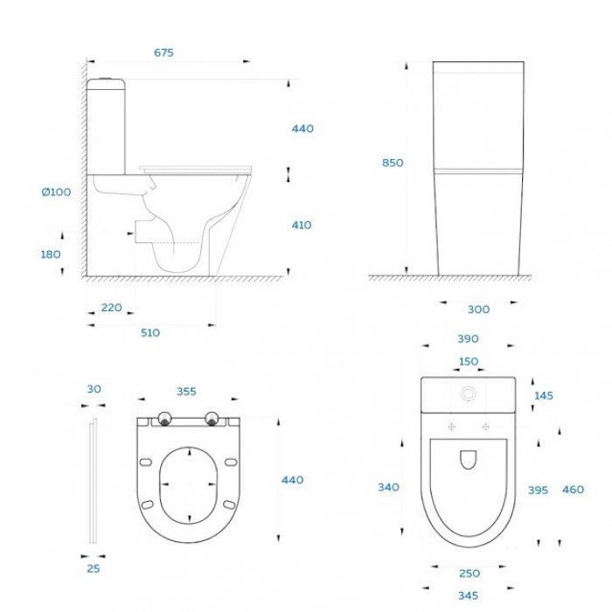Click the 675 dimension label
[163, 52]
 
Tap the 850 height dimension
[393, 163]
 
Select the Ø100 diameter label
[56, 192]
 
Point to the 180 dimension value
[51, 254]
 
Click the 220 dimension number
[112, 308]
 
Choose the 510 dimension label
[150, 332]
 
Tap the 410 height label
[302, 226]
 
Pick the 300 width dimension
[478, 309]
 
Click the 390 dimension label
[468, 339]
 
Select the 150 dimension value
[469, 361]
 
